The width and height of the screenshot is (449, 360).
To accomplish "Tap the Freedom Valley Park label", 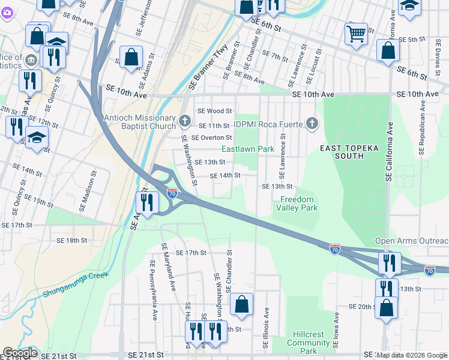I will click(297, 203).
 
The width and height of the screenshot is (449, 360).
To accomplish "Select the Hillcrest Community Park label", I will click(308, 342).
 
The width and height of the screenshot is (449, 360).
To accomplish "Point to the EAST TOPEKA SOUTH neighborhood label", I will click(342, 152).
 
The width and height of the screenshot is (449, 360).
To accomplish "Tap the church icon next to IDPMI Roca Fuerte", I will click(311, 124).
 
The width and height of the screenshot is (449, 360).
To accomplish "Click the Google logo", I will click(20, 353).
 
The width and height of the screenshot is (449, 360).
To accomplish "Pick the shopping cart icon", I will click(356, 34).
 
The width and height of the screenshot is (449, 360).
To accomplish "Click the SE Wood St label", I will click(214, 111).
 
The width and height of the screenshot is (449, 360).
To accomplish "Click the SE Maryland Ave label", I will click(167, 265).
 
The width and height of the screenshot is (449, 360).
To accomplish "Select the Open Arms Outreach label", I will click(411, 241).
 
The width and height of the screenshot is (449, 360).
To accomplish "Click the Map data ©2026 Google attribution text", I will click(411, 355).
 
